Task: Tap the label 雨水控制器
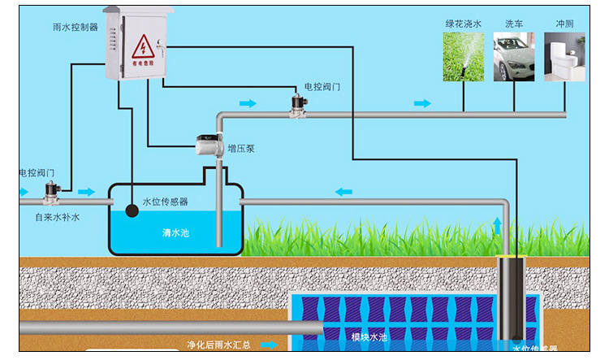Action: pos(75,27)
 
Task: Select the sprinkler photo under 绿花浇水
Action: pos(463,57)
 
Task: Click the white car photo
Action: pos(514,57)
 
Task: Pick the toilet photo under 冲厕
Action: pos(564,57)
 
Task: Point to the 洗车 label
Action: pos(515,24)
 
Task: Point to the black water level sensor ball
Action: pos(131,210)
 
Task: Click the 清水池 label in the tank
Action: pos(175,233)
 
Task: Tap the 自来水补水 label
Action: pos(57,218)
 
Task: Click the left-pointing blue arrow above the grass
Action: pos(344,192)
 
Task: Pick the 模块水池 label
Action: pos(369,336)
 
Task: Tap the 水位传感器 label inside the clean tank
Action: pos(165,202)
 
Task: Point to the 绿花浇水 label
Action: pos(463,24)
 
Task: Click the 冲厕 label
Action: pos(564,24)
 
